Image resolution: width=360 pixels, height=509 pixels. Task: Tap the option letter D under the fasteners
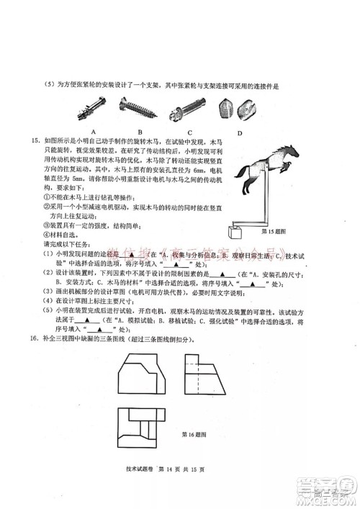click(x=240, y=132)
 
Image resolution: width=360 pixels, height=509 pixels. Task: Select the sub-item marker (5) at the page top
click(x=49, y=84)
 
